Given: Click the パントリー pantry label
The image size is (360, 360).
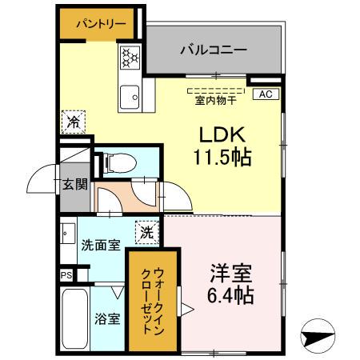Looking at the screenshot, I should coord(101,24).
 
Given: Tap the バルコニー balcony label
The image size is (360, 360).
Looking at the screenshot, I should coord(213,49).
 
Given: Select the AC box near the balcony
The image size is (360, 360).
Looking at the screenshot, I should coord(266,94).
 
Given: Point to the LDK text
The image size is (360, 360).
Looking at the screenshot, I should coord(218,133).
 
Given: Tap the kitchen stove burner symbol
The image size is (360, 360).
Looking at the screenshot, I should coord(130,57).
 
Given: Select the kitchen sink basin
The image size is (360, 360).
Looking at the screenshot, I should coord(129,98).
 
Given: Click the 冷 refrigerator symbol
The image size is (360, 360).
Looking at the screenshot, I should coord(73,122).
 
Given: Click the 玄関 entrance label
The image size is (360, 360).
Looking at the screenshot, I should coord(74,185).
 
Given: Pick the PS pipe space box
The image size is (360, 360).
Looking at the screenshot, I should coord(65,274).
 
